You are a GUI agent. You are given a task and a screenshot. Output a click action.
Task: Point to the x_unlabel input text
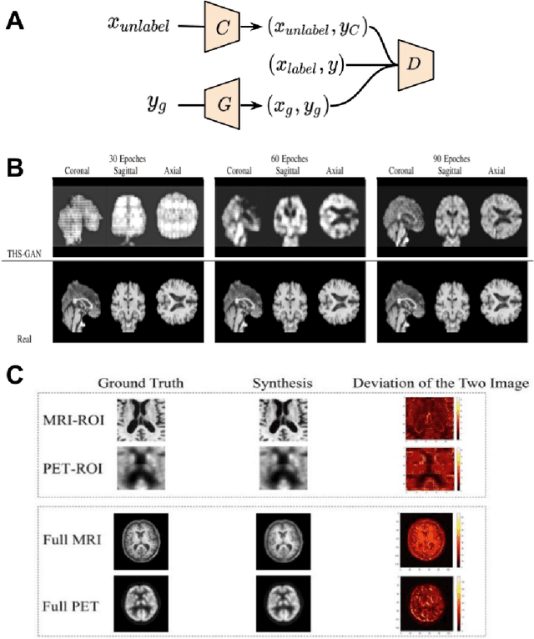pos(139,25)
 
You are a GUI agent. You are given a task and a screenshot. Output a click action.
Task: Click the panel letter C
pos(14,374)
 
